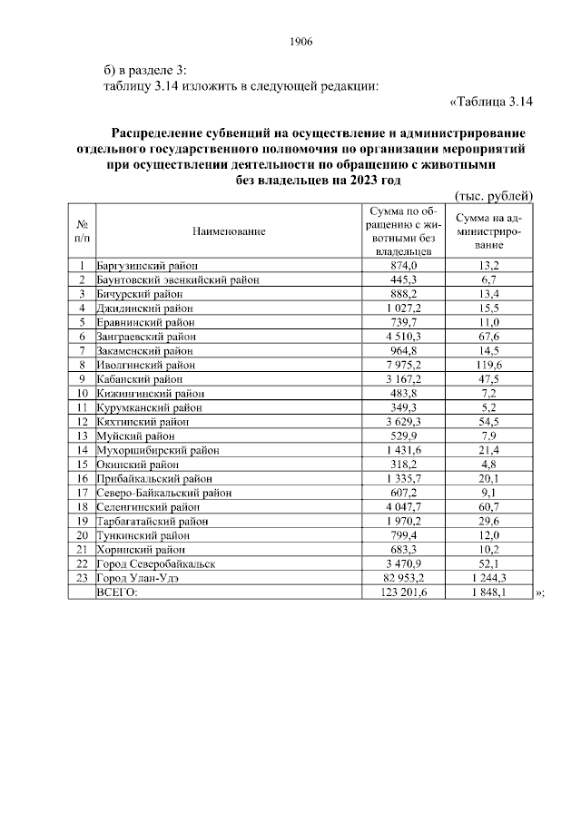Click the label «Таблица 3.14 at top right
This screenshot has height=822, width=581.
(490, 101)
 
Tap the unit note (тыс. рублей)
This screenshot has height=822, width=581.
(493, 196)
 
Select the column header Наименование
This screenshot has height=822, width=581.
(229, 231)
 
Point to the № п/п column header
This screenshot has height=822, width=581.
(82, 231)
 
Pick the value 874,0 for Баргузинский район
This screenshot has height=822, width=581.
(402, 265)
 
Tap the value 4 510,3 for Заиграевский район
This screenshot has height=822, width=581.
(402, 336)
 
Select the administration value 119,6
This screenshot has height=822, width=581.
(490, 365)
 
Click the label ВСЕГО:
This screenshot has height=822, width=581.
(117, 592)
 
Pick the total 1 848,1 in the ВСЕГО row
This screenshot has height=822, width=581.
(490, 592)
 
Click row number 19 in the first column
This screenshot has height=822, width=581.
(82, 522)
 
